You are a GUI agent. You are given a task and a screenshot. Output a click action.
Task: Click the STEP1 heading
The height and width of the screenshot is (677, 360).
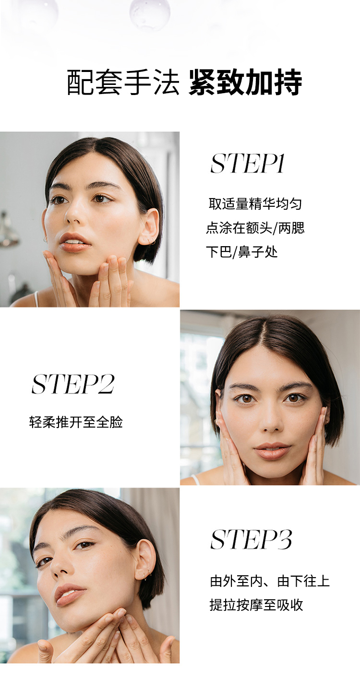coord(248,164)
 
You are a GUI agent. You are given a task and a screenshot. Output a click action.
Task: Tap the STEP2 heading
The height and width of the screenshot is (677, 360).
coord(73,384)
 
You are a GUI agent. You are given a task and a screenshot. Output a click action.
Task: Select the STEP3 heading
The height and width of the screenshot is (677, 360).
coord(251,540)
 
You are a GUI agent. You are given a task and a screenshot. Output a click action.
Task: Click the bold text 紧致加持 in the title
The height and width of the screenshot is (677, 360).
coord(245,83)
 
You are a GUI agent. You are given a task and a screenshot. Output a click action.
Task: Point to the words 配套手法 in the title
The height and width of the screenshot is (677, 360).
coord(123,83)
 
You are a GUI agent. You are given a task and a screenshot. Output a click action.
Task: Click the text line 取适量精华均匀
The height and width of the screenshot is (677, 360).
coord(255,203)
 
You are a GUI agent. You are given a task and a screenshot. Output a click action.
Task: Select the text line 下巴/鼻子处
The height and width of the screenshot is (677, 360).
coord(242,251)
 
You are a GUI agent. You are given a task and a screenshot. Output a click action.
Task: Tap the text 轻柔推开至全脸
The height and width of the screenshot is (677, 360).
coord(76,422)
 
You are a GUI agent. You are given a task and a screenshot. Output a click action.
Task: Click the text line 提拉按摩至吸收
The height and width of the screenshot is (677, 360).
coord(256,605)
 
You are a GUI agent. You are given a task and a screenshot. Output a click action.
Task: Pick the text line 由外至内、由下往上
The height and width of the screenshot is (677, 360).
coord(270,581)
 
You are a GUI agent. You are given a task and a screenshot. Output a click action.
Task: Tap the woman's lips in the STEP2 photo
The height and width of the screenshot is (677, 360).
coord(272,451)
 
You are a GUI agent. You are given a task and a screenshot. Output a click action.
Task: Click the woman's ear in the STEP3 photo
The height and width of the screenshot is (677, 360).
coord(145,559)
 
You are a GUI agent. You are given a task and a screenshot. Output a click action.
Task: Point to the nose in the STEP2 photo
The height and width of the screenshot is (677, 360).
coord(272,422)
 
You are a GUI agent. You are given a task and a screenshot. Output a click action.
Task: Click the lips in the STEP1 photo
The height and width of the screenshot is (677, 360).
coord(75,242)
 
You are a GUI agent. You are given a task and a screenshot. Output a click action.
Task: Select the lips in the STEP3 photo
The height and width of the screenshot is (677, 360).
coord(70,594)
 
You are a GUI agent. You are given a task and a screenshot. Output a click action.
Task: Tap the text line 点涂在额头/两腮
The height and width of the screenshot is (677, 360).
coord(255,227)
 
